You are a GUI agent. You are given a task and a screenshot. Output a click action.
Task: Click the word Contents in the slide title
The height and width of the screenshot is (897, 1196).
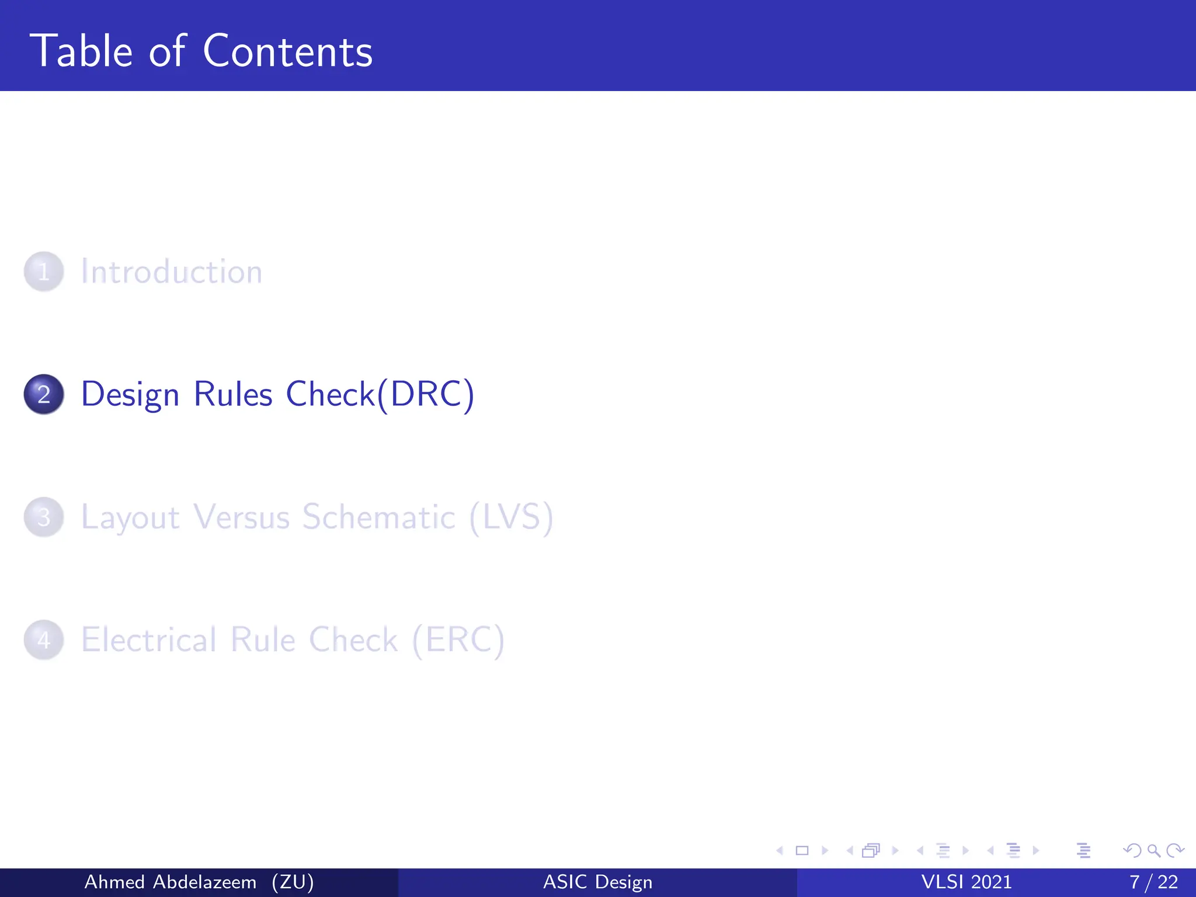coord(287,51)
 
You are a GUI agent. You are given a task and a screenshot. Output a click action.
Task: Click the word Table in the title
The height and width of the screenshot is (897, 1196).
coord(81,51)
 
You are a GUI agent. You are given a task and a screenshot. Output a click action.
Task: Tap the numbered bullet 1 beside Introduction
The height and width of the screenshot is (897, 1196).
coord(44,272)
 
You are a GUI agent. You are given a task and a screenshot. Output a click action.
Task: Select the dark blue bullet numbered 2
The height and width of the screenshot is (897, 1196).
coord(44,394)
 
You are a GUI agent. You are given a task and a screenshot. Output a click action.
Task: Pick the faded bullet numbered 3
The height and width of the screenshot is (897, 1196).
coord(44,517)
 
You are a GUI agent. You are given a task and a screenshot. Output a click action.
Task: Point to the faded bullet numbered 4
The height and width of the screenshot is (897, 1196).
coord(44,639)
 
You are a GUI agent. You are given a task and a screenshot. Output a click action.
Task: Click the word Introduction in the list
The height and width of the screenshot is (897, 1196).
coord(172,272)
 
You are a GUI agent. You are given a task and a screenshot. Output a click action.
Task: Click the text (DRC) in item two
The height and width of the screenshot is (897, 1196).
coord(426,394)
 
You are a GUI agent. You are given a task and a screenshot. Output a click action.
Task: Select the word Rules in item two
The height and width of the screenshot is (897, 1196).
coord(232,394)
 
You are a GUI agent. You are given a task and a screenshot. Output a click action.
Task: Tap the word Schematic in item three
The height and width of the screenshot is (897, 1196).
coord(378,517)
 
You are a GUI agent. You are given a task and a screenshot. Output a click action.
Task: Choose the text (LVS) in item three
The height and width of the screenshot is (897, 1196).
coord(511,517)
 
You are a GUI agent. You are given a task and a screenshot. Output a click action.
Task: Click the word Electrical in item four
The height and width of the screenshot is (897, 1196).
coord(149,639)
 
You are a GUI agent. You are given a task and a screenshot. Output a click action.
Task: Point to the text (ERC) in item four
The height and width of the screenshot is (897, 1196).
coord(458,639)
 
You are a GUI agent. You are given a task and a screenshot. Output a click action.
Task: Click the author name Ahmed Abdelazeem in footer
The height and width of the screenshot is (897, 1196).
coord(170,882)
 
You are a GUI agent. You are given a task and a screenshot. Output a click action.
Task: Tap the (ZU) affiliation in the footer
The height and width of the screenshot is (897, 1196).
coord(293,882)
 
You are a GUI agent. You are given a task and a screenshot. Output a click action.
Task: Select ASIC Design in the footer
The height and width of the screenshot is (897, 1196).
coord(597,882)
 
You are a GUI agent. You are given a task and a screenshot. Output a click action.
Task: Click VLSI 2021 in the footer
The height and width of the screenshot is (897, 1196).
coord(966,882)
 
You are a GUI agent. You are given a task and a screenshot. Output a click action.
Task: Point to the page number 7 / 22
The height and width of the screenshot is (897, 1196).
coord(1153,882)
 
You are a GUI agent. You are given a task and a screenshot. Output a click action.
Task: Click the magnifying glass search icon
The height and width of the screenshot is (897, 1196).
coord(1153,850)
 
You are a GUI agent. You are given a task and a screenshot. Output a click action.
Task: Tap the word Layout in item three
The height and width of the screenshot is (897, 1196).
coord(130,518)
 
